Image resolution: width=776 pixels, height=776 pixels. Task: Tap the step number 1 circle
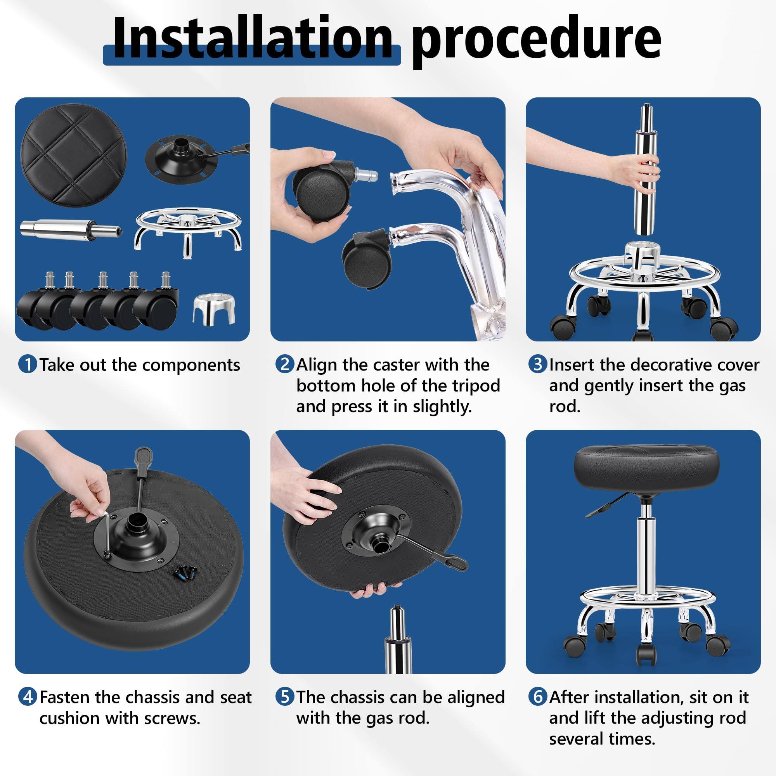pos(28,364)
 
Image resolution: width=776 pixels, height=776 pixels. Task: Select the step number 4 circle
pos(28,697)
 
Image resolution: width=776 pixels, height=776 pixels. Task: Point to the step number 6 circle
pos(537,697)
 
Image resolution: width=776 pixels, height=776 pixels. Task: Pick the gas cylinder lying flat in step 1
pos(70,229)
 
